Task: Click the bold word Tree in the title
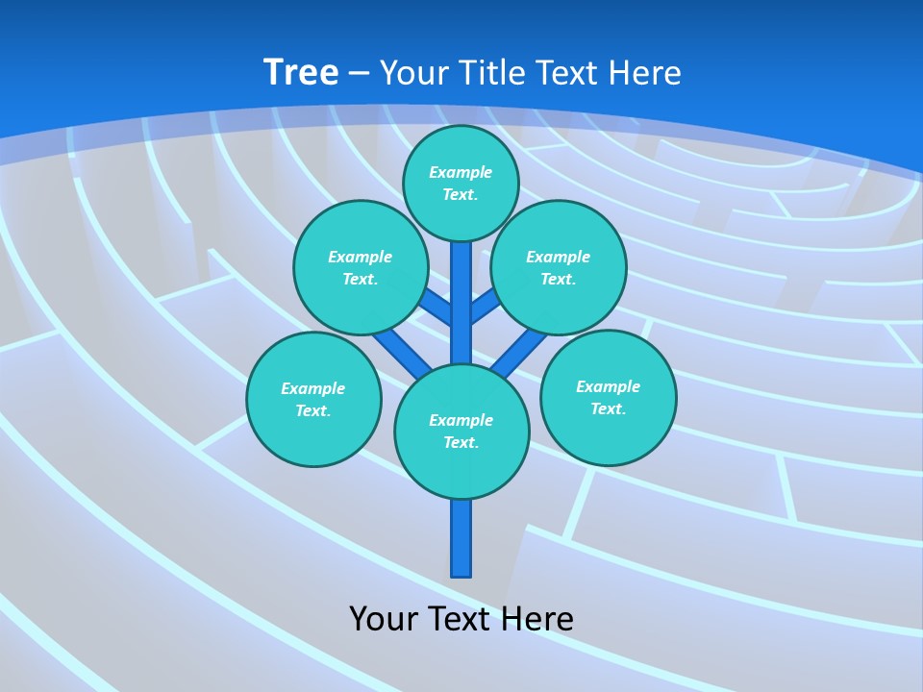[301, 73]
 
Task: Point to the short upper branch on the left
[437, 308]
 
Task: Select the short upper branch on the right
[485, 307]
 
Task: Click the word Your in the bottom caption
[384, 619]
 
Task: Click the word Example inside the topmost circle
[461, 173]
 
